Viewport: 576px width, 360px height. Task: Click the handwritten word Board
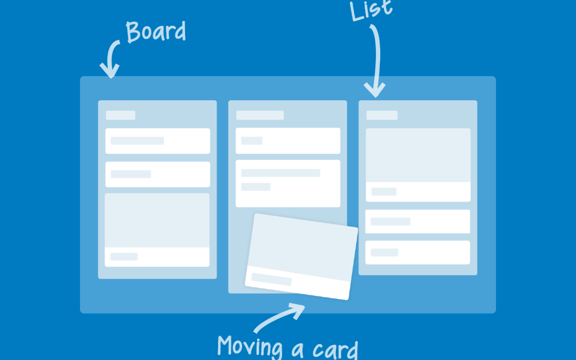[156, 32]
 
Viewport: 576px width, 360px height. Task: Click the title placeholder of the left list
[121, 115]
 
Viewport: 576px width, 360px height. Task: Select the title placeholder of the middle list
[260, 115]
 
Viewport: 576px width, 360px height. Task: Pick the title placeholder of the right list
[382, 115]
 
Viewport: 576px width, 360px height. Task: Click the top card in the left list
[157, 141]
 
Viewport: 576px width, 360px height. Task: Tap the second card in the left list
[157, 174]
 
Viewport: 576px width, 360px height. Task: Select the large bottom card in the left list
[157, 230]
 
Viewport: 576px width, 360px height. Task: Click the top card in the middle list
[288, 141]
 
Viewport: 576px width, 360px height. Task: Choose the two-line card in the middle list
[288, 183]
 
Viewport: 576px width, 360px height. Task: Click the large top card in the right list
[418, 165]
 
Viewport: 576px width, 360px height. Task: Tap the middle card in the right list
[418, 221]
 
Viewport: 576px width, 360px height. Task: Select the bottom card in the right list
[418, 252]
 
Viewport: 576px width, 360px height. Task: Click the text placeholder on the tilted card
[271, 279]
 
